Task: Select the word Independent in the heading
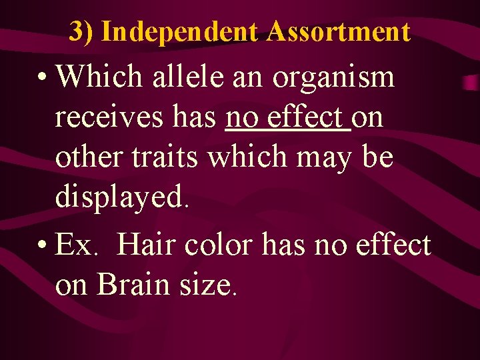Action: tap(179, 31)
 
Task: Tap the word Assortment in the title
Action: tap(338, 31)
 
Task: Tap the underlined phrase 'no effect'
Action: tap(288, 117)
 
